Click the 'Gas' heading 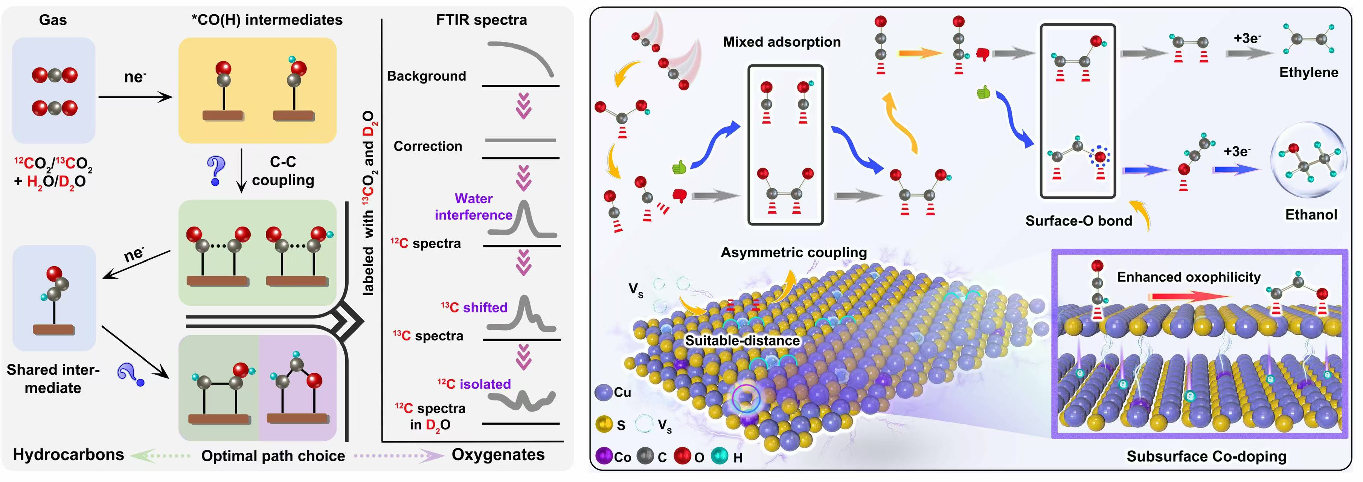pos(53,20)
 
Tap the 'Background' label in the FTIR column pos(427,76)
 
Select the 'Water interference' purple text pos(474,207)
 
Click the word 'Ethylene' pos(1308,72)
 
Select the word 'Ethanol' pos(1311,214)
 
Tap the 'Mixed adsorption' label pos(782,42)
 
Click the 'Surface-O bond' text pos(1078,221)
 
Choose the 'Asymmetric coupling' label pos(794,252)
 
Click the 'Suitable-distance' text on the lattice pos(742,340)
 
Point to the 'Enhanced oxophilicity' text pos(1188,277)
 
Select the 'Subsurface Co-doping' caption pos(1206,456)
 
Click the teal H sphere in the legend pos(720,456)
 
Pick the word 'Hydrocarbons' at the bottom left pos(68,455)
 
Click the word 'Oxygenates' pos(498,455)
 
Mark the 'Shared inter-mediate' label pos(53,378)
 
